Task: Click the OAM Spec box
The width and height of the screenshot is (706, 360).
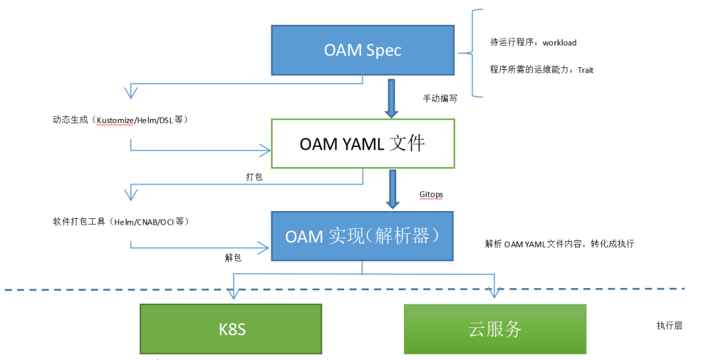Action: click(362, 50)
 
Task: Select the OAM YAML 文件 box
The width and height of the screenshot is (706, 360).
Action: click(363, 144)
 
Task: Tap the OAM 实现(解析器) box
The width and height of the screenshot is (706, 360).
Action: click(362, 237)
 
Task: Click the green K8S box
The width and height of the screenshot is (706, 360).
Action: click(231, 329)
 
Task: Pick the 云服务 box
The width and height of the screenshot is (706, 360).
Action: click(495, 329)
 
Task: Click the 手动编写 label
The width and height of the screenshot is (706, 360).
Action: click(440, 98)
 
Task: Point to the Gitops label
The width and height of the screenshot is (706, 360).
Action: click(431, 195)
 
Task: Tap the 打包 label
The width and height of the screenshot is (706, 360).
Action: click(254, 177)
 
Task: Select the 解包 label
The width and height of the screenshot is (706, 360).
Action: click(233, 257)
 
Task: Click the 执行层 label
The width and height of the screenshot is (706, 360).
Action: click(669, 325)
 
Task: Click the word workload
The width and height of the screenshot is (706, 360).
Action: click(559, 42)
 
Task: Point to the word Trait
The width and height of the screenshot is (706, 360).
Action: click(585, 70)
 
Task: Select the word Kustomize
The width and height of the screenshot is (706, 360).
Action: click(115, 120)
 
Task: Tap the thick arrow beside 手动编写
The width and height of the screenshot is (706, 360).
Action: click(392, 99)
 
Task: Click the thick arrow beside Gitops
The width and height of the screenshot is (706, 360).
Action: click(393, 189)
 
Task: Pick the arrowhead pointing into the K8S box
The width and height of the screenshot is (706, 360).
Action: click(233, 293)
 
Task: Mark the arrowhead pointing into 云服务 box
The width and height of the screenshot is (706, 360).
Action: click(494, 293)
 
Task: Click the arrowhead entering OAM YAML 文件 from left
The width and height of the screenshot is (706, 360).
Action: click(265, 151)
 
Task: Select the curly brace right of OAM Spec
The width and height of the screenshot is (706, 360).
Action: click(471, 53)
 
